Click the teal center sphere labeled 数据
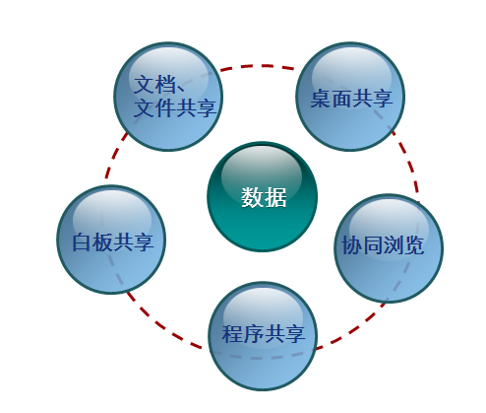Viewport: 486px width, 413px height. pyautogui.click(x=262, y=196)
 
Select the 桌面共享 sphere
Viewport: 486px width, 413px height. pyautogui.click(x=350, y=97)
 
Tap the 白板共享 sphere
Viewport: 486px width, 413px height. pyautogui.click(x=111, y=240)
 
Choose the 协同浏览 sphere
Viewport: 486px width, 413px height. pyautogui.click(x=389, y=248)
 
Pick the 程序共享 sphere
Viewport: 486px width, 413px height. pyautogui.click(x=263, y=336)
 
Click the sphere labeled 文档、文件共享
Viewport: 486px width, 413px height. pyautogui.click(x=168, y=97)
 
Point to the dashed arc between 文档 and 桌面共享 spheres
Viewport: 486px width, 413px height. pyautogui.click(x=259, y=66)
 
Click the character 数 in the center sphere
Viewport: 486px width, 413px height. pyautogui.click(x=252, y=197)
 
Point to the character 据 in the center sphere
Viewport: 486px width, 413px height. pyautogui.click(x=275, y=197)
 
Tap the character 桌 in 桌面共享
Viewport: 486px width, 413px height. pyautogui.click(x=321, y=98)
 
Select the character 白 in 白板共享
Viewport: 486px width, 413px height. pyautogui.click(x=82, y=242)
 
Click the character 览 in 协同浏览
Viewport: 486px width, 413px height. pyautogui.click(x=414, y=244)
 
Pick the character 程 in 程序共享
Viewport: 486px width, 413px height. pyautogui.click(x=232, y=333)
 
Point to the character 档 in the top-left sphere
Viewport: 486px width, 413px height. pyautogui.click(x=165, y=84)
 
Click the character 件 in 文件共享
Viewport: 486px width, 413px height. pyautogui.click(x=165, y=107)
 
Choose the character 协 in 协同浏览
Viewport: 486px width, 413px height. pyautogui.click(x=352, y=244)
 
